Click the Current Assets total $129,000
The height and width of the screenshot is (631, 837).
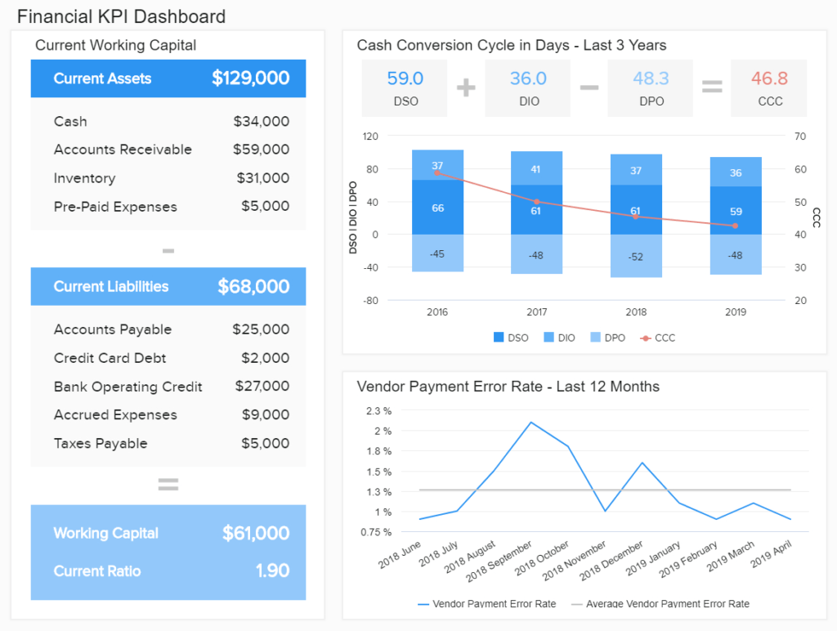pos(250,78)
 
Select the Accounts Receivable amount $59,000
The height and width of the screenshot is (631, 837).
pos(261,150)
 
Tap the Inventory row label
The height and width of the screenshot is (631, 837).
pos(84,178)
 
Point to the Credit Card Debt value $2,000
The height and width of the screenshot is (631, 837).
pos(265,358)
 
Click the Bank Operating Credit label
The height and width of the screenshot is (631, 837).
pos(128,387)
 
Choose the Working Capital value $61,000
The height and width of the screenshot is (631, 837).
pos(255,534)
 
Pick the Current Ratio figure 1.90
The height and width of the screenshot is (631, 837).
pos(272,571)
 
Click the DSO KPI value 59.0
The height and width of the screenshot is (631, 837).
pos(405,78)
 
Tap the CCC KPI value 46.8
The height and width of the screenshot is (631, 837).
pos(769,78)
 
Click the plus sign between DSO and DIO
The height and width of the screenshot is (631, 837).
pos(466,87)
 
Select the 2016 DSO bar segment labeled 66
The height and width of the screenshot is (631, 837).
pos(437,208)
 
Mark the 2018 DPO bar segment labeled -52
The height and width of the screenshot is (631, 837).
pos(635,257)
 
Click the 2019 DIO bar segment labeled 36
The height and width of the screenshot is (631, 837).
pos(736,172)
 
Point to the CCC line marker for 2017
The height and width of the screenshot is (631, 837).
pos(537,202)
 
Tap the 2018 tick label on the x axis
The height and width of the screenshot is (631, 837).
pos(635,312)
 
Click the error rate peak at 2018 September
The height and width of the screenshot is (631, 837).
pos(531,423)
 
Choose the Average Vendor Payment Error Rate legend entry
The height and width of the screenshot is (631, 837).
pos(660,604)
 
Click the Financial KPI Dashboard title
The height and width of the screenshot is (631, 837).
pos(121,16)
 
